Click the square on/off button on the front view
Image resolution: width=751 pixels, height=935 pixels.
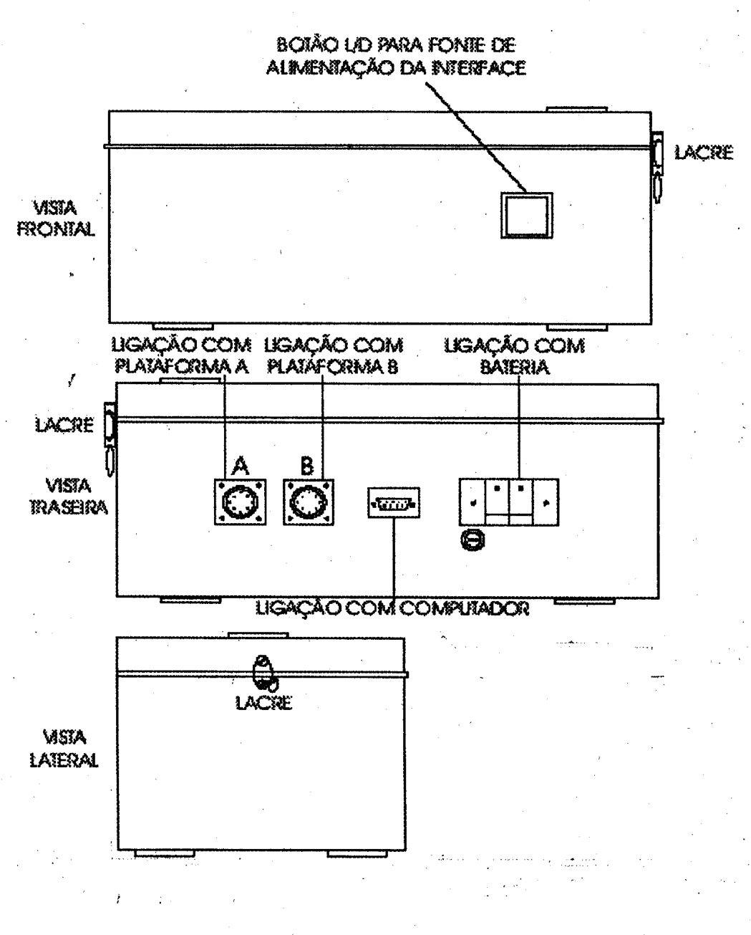[x=527, y=215]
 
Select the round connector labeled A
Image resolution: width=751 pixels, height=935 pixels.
[x=240, y=502]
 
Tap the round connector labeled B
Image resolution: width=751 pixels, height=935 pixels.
[x=309, y=502]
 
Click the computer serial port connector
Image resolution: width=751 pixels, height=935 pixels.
[x=394, y=503]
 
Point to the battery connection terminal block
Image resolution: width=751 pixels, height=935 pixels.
[x=509, y=502]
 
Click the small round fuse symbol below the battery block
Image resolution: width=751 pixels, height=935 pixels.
[x=473, y=540]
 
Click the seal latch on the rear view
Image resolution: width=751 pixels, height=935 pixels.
[x=110, y=438]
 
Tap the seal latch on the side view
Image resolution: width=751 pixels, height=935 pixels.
[x=263, y=674]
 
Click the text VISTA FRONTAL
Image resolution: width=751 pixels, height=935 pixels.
[x=56, y=219]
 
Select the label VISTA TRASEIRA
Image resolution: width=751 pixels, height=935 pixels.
[x=69, y=497]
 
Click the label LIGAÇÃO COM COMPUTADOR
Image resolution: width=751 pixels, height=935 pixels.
[x=392, y=608]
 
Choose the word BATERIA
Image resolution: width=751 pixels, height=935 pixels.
[x=515, y=367]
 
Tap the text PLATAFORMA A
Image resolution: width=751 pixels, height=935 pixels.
[x=181, y=367]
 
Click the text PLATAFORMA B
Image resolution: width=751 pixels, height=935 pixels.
[x=332, y=367]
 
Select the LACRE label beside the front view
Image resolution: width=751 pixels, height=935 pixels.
[x=704, y=153]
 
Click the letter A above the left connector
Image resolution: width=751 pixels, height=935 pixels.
[x=240, y=466]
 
